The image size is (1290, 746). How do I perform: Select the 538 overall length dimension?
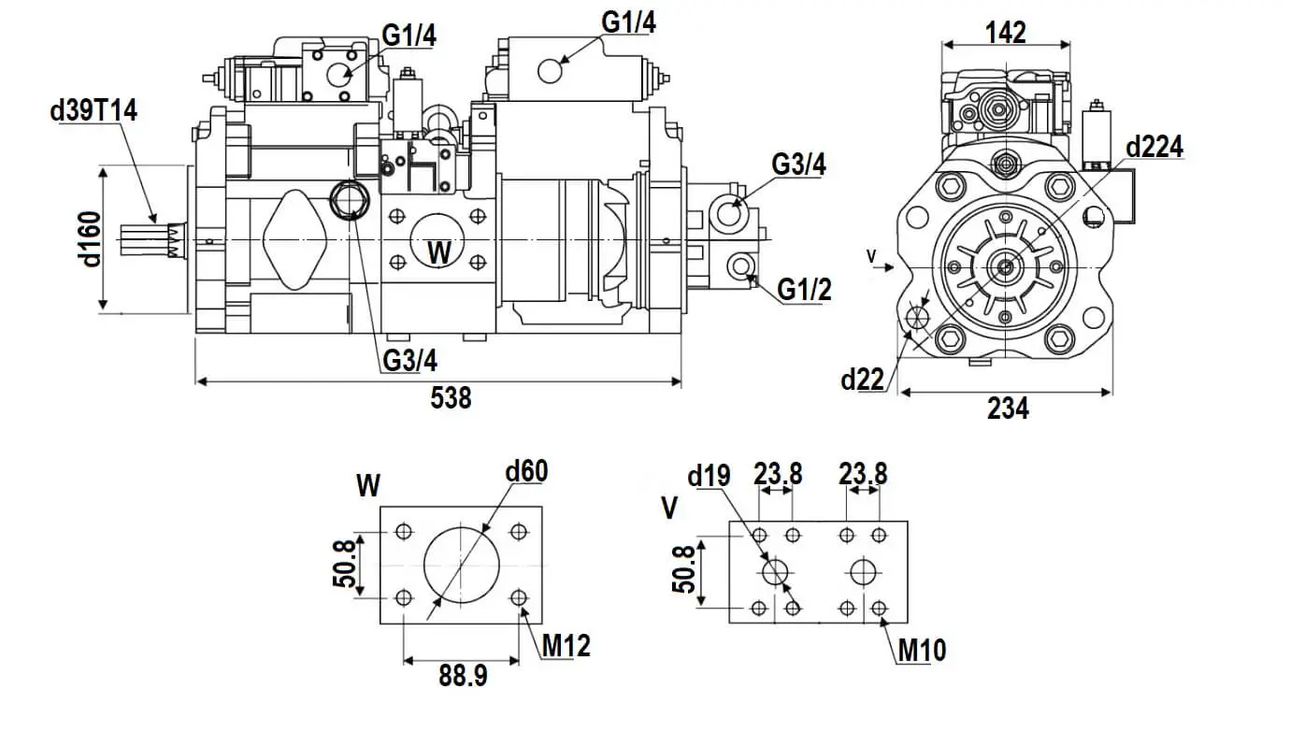pos(451,398)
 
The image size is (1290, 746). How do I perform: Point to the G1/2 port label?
pos(804,290)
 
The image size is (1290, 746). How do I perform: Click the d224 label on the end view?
pos(1154,147)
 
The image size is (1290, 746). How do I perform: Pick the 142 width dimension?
pos(1006,33)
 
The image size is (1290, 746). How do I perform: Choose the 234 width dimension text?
pos(1008,409)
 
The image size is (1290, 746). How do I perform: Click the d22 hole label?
pos(862,379)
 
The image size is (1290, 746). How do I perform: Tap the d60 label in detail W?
pos(525,471)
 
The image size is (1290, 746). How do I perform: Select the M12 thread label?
pos(566,644)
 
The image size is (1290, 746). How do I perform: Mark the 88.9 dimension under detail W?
pos(463,676)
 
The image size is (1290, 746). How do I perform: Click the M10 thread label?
pos(922,650)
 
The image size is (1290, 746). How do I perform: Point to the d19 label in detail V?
pos(708,477)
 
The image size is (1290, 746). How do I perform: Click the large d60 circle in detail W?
pos(461,565)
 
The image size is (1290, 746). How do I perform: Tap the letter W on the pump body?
pos(438,251)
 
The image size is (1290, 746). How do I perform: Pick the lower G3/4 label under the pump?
pos(409,360)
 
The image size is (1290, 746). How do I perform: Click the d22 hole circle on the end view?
pos(916,318)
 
